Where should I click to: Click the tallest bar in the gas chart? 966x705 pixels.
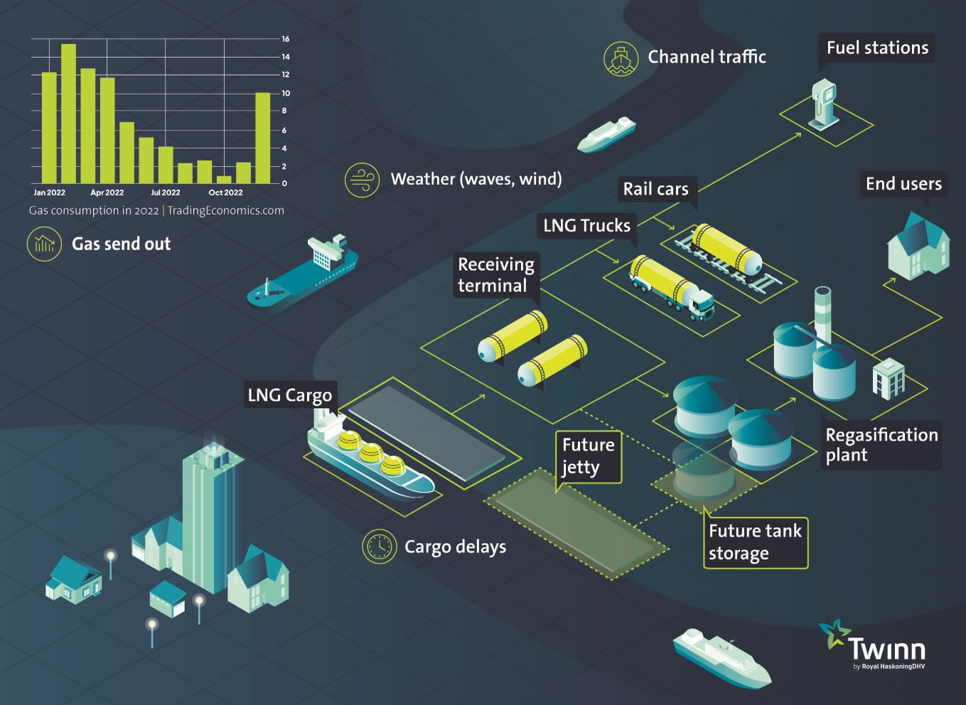coord(68,114)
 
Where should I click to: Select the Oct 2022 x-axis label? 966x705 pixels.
coord(225,193)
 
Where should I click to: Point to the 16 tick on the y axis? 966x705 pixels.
coord(285,39)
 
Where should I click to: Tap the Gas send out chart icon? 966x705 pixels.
coord(44,244)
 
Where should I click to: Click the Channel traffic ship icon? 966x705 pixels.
coord(621,58)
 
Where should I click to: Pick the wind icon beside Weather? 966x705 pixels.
coord(362,179)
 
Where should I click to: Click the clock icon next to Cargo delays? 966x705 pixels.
coord(379,547)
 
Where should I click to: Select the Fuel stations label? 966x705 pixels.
coord(876,48)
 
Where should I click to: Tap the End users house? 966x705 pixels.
coord(918,246)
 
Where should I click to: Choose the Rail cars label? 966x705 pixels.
coord(655,189)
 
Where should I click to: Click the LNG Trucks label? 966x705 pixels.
coord(586,225)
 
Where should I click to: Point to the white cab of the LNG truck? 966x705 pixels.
coord(700,304)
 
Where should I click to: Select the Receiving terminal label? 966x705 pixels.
coord(496,274)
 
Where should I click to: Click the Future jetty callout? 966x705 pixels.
coord(588,456)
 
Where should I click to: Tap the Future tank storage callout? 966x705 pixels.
coord(755,542)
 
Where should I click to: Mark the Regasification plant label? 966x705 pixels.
coord(881,445)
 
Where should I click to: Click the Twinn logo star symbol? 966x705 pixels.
coord(834,633)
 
